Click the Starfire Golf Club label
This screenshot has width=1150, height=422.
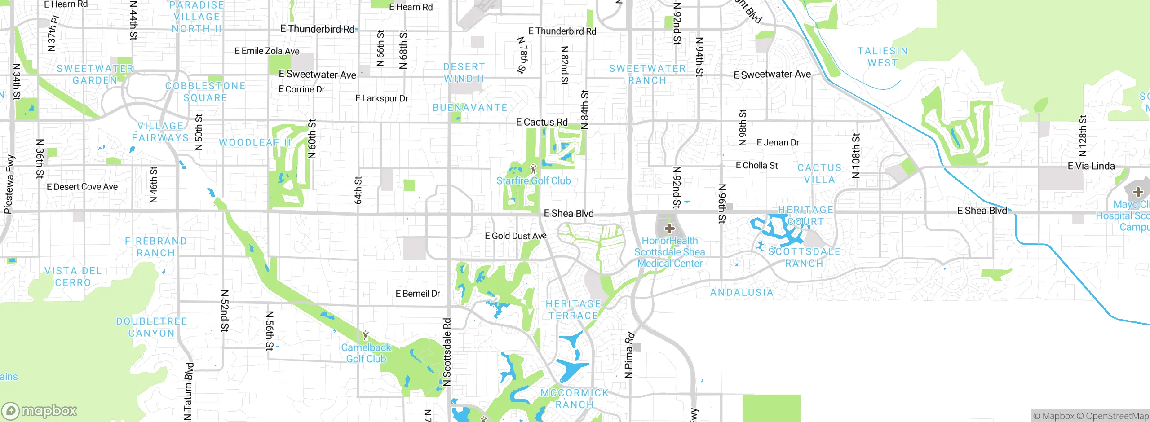pos(533,181)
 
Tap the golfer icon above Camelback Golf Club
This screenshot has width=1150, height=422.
pos(366,335)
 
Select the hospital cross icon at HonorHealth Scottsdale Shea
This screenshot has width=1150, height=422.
pos(669,229)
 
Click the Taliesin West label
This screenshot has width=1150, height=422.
pos(883,57)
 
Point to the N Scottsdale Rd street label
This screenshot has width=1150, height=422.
pos(447,352)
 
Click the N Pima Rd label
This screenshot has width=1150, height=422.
pos(629,355)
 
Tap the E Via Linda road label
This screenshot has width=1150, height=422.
pos(1091,166)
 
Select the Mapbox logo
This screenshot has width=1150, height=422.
pos(40,410)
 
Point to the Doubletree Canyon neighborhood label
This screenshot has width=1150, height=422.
pos(151,327)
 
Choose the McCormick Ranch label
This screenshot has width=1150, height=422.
pos(574,399)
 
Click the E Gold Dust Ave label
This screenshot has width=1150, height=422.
pos(515,236)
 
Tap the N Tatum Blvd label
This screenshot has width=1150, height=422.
pos(189,391)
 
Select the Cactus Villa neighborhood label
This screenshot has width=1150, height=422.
pos(819,174)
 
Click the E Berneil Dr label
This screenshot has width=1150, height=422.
pos(417,294)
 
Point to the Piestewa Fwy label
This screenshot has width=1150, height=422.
pos(9,184)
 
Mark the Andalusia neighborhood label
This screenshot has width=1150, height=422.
pos(742,293)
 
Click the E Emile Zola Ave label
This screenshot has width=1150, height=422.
pos(267,51)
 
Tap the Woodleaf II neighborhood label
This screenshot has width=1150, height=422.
pos(255,143)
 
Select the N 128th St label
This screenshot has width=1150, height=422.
pos(1083,136)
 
